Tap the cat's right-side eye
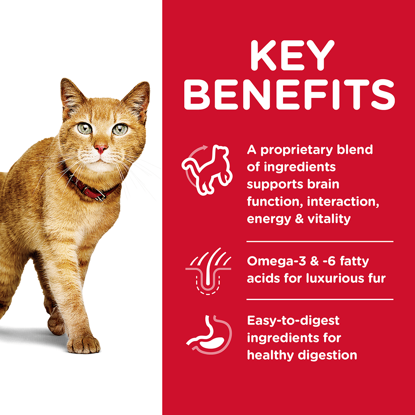[x=120, y=129]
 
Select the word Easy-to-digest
[x=293, y=321]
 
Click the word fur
[x=377, y=278]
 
